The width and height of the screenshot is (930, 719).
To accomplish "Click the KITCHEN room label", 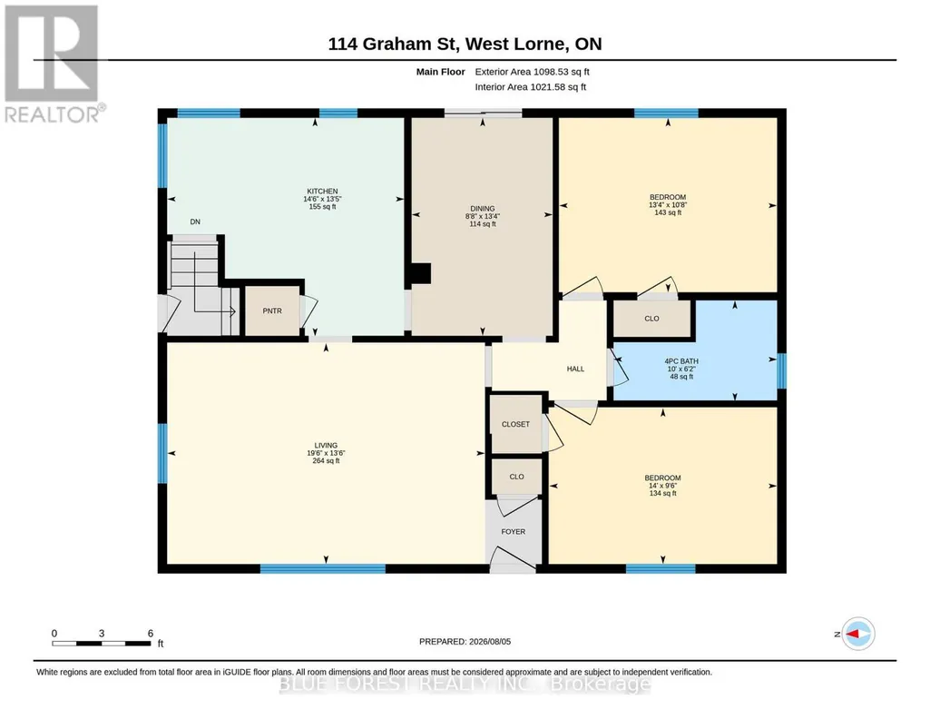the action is click(x=322, y=191).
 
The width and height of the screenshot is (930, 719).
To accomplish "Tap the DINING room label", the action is click(x=482, y=208).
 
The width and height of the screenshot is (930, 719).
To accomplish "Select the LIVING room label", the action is click(x=326, y=445).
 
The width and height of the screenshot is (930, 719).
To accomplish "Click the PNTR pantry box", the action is click(x=272, y=310).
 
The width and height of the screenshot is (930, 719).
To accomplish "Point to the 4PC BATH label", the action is click(x=680, y=360).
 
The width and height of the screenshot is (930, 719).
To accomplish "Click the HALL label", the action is click(x=575, y=369).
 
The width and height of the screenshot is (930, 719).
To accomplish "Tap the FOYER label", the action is click(x=513, y=532).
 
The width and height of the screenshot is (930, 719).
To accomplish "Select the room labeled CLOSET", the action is click(x=515, y=424).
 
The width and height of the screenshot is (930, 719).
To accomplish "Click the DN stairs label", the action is click(x=195, y=222).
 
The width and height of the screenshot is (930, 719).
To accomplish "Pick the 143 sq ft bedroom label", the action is click(x=667, y=204).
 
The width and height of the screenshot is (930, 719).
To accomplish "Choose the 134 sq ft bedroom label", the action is click(x=662, y=486).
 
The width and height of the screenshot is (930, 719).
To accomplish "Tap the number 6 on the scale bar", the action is click(x=151, y=633).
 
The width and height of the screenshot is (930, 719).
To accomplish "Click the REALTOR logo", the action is click(x=54, y=64).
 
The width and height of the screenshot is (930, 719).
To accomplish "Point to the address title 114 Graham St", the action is click(x=392, y=44).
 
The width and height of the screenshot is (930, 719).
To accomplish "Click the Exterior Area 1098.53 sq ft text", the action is click(x=532, y=72).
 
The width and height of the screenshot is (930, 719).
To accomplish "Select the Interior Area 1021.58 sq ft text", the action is click(x=530, y=86).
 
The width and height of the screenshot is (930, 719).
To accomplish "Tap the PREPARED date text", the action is click(x=465, y=641).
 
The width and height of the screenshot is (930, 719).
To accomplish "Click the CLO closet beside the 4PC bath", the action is click(x=651, y=319).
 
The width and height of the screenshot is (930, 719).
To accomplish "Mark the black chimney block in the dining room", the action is click(x=420, y=273).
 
